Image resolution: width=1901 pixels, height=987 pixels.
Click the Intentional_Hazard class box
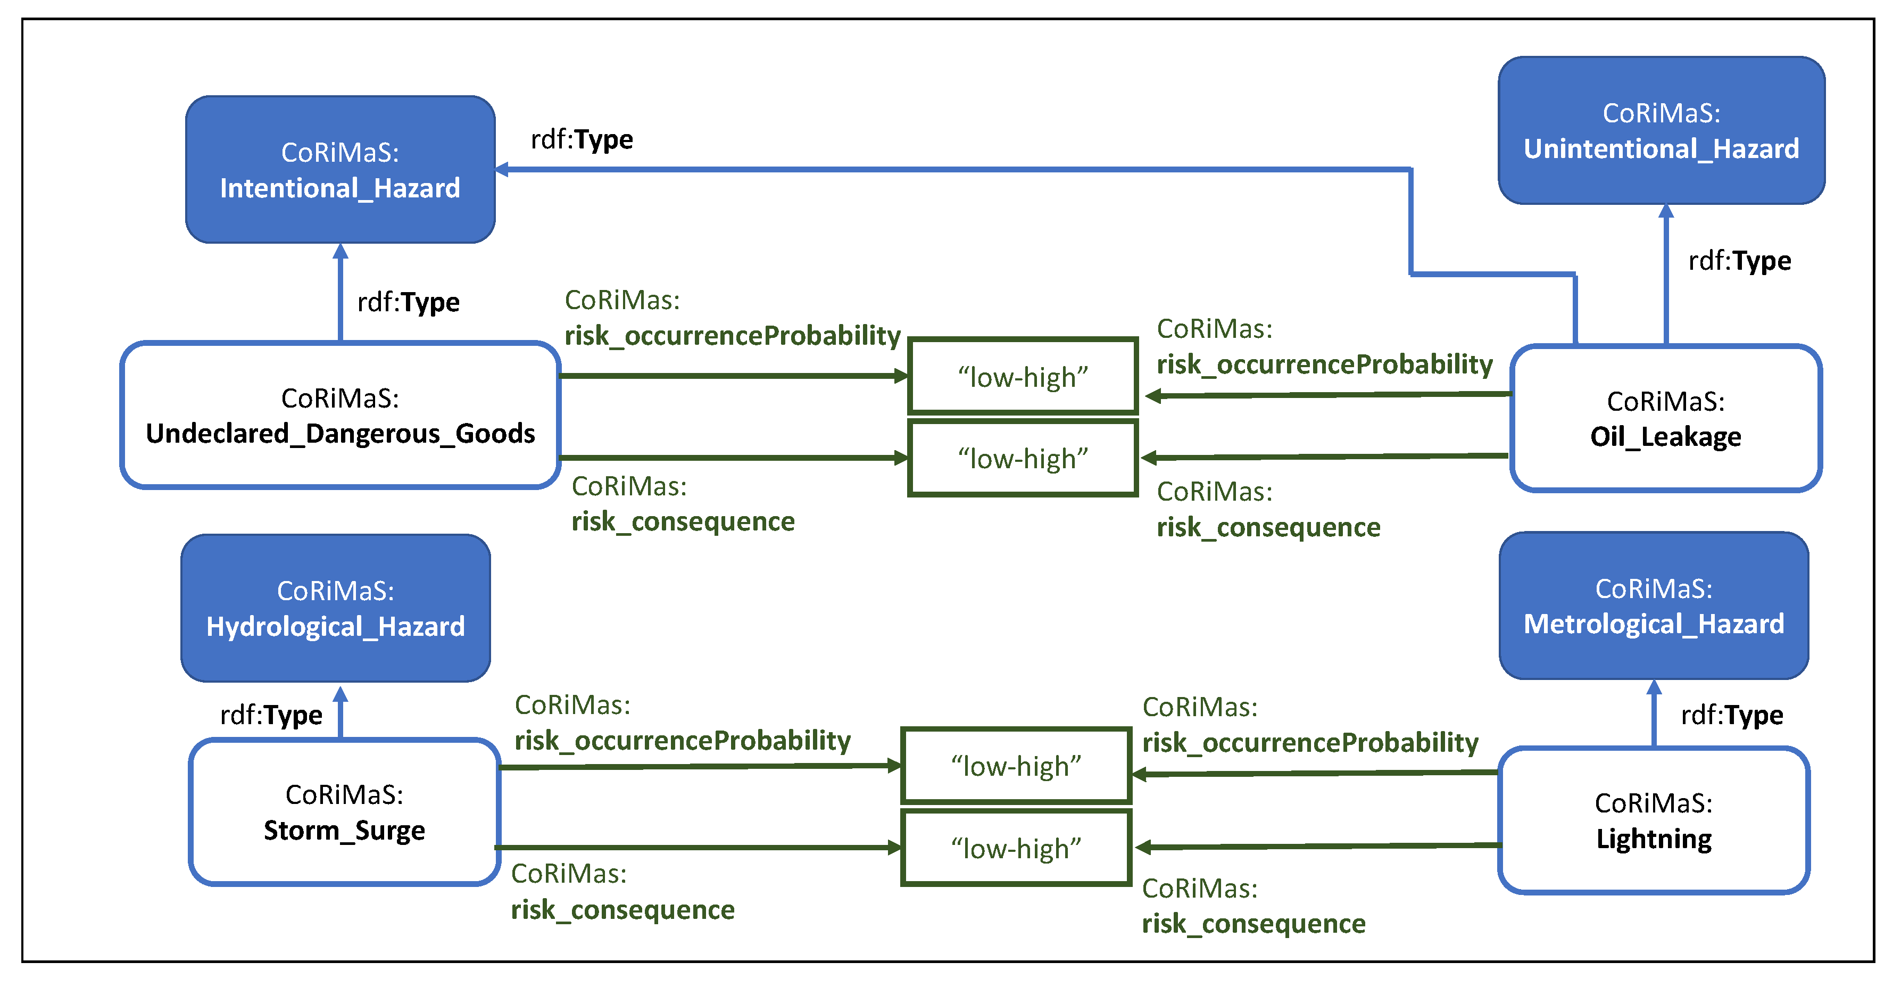click(x=339, y=170)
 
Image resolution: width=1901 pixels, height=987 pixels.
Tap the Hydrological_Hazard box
click(x=335, y=608)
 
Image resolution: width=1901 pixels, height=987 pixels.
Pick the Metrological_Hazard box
click(x=1653, y=606)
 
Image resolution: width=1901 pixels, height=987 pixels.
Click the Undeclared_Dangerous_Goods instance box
click(x=339, y=415)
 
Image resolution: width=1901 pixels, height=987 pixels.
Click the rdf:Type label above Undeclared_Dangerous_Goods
click(x=408, y=302)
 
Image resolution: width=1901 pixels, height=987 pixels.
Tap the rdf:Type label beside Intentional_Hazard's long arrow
click(x=582, y=139)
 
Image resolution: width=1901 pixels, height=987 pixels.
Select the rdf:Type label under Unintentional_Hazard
click(x=1739, y=261)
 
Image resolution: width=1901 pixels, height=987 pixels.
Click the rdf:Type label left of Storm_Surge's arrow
click(x=271, y=715)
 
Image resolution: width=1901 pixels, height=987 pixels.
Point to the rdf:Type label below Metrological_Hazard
click(x=1731, y=715)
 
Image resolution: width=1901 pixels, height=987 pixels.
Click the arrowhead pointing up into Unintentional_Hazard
click(x=1666, y=212)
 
